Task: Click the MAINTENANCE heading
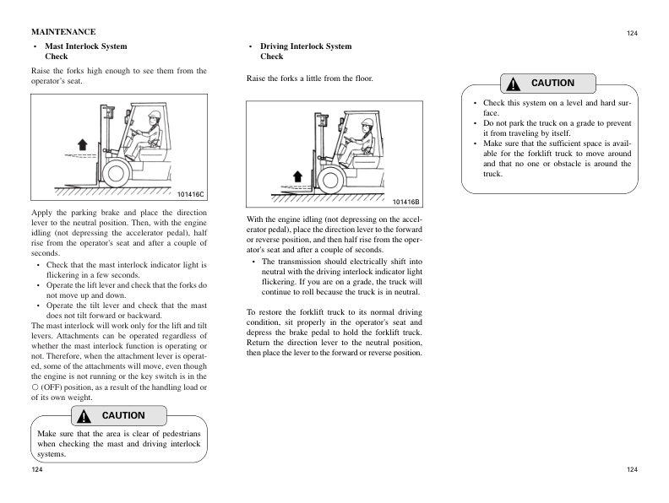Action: click(x=63, y=31)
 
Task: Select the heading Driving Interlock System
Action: click(x=306, y=46)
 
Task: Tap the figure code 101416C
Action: click(x=192, y=195)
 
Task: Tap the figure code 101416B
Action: click(x=406, y=202)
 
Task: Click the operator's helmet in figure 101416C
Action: click(x=155, y=114)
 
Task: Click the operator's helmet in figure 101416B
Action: click(x=367, y=123)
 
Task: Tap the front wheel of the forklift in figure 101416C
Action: click(x=116, y=172)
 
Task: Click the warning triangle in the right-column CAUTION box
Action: click(x=513, y=84)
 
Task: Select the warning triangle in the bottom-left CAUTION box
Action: click(x=84, y=416)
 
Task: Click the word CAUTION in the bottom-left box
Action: click(x=123, y=416)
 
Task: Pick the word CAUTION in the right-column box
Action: click(x=552, y=84)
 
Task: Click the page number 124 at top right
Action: click(x=632, y=33)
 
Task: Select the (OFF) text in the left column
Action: click(x=57, y=387)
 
